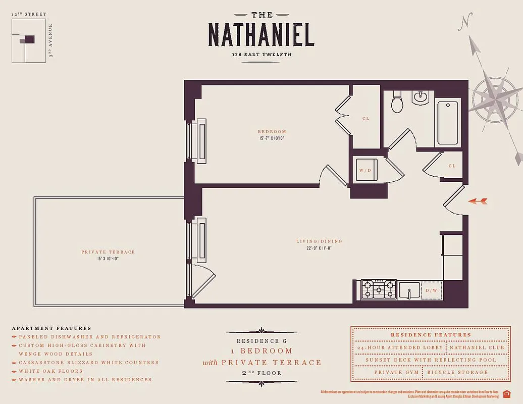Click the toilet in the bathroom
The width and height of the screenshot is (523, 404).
[x=397, y=103]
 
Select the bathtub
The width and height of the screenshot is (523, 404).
[x=447, y=123]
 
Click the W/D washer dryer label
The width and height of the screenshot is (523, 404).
[x=364, y=170]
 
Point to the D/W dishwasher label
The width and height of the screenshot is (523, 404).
[x=431, y=290]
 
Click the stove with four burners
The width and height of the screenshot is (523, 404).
[x=379, y=290]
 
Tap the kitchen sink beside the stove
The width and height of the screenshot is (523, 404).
[x=409, y=290]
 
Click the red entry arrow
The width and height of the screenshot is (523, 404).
[x=478, y=201]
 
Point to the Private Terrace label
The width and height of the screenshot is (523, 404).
[x=108, y=252]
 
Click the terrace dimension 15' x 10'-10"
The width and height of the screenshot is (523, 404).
[x=108, y=259]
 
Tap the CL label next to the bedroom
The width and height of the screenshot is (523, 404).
[x=365, y=119]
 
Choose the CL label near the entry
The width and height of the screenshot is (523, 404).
[x=452, y=166]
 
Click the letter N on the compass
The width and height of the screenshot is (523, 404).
[x=466, y=21]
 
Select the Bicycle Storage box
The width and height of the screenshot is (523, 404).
[x=457, y=373]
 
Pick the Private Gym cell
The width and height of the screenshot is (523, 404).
[x=396, y=373]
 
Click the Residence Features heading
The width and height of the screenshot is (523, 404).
[x=431, y=335]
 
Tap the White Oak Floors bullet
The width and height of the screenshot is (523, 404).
[x=50, y=371]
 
